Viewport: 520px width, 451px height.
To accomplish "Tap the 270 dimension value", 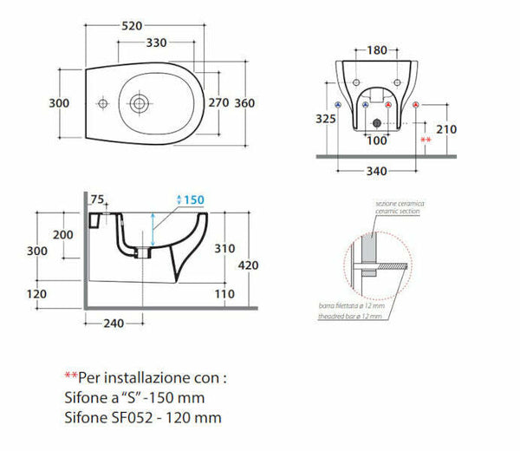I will (218, 103).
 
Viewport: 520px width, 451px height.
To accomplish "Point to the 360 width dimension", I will (244, 103).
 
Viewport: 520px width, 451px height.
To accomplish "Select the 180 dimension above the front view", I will (376, 50).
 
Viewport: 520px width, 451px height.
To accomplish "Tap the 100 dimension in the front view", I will (375, 140).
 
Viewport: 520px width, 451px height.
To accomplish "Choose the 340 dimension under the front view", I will (375, 171).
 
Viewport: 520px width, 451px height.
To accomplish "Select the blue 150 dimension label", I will (193, 199).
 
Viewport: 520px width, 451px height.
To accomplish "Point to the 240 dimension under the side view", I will (114, 324).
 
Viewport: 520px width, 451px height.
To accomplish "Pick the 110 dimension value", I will (224, 295).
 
